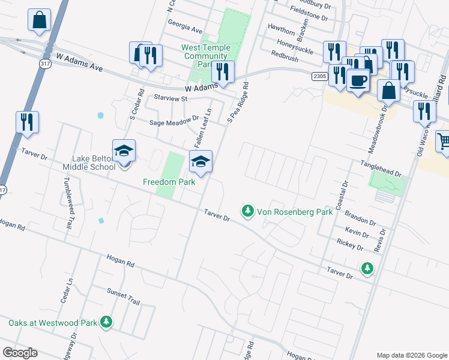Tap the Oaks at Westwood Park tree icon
tap(106, 322)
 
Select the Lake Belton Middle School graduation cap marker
tap(124, 151)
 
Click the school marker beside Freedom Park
tap(200, 161)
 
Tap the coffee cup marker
tap(358, 80)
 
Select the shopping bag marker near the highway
tap(39, 20)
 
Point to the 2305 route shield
tap(319, 76)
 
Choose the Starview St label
tap(170, 97)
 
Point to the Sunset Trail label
tap(122, 295)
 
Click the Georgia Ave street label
tap(185, 28)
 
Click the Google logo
tap(20, 353)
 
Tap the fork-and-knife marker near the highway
tap(27, 122)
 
